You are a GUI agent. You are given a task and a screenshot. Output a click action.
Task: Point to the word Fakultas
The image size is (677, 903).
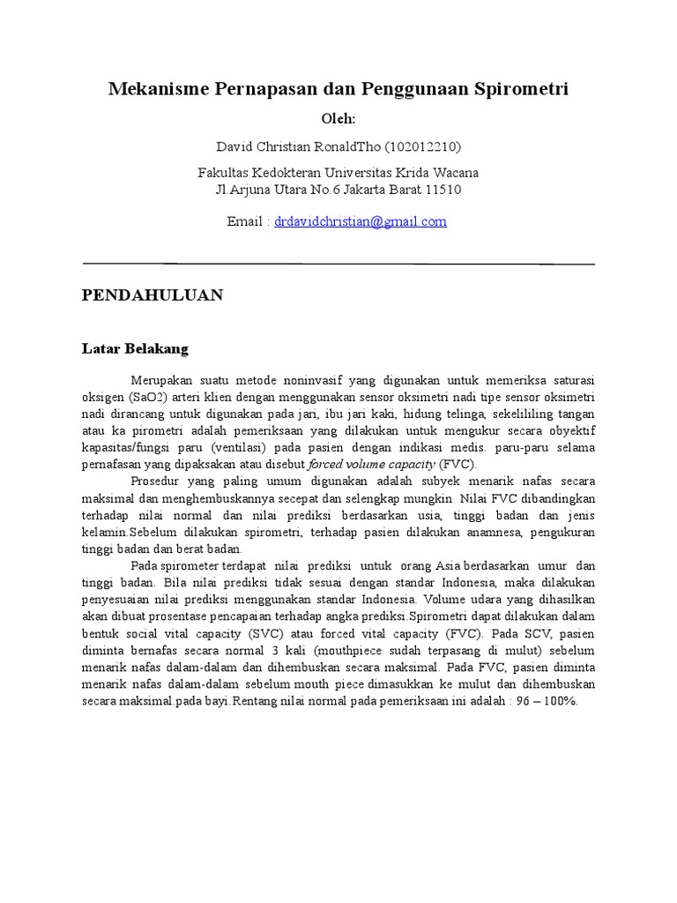[225, 173]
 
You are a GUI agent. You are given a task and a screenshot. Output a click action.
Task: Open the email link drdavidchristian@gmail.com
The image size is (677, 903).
[361, 222]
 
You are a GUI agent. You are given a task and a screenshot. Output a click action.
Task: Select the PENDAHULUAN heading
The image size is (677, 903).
[153, 295]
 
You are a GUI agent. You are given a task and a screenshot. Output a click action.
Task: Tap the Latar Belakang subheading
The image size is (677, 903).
[136, 349]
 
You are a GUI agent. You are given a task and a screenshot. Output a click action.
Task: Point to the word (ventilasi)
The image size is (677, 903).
[240, 448]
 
